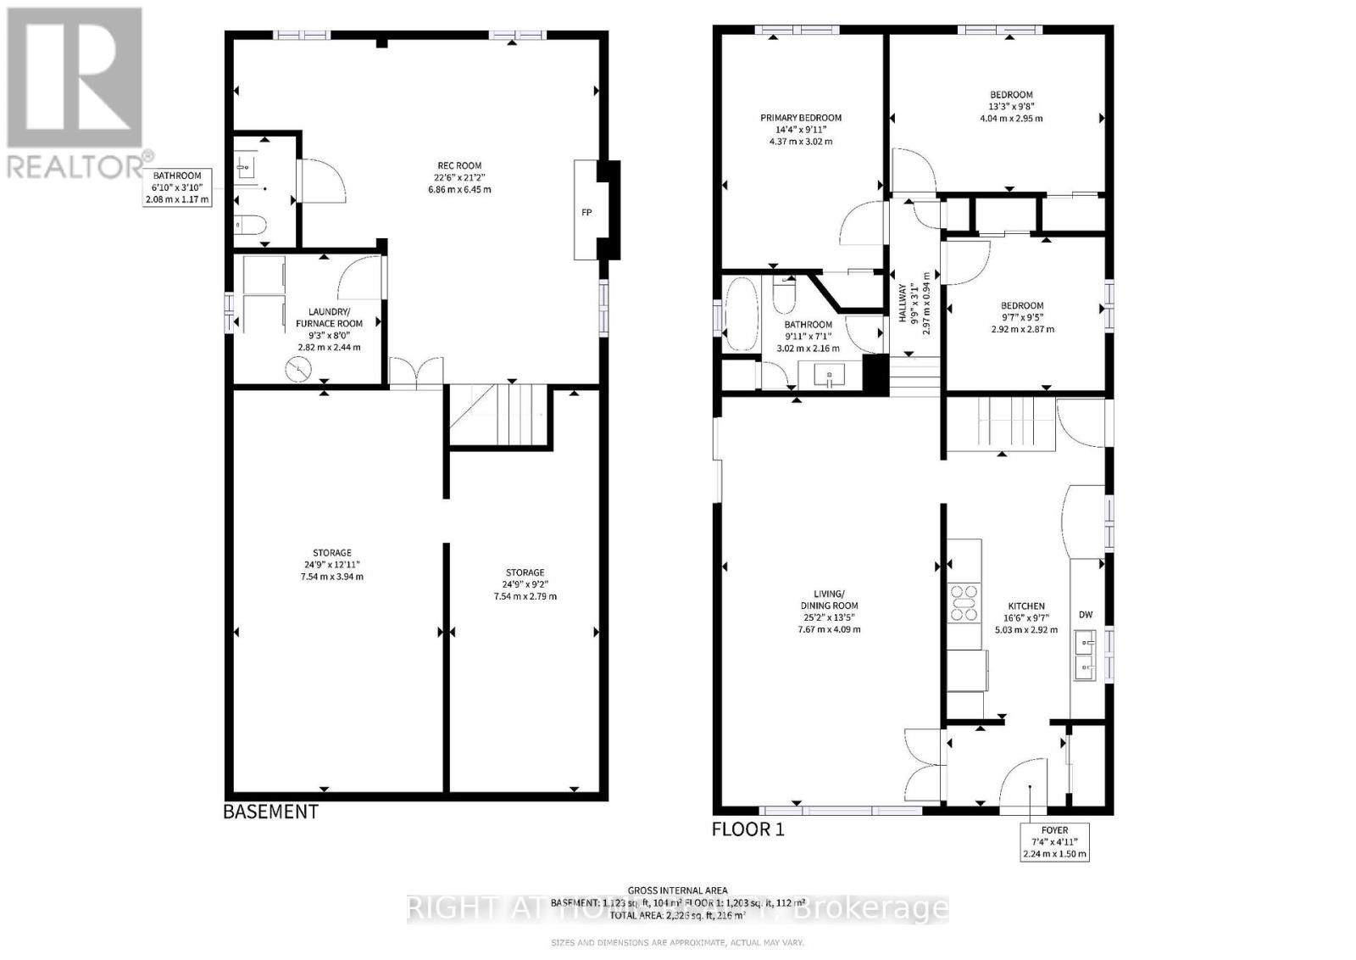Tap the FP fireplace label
point(586,213)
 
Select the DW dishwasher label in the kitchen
point(1086,615)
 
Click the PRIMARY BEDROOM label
point(800,118)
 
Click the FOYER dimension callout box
point(1054,842)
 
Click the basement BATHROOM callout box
point(177,187)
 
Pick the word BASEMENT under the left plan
point(270,812)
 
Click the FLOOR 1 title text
point(747,829)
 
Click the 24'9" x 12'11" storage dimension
point(330,565)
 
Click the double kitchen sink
point(1084,656)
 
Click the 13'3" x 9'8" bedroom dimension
point(1011,107)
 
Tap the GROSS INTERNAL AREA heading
point(677,890)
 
